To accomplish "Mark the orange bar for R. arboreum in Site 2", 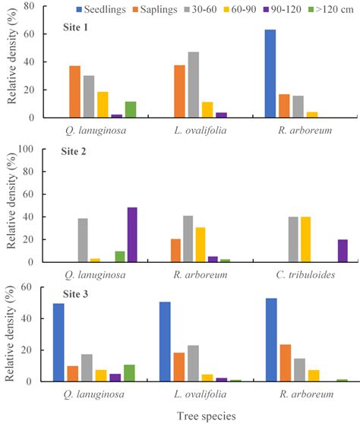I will tap(175, 251).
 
